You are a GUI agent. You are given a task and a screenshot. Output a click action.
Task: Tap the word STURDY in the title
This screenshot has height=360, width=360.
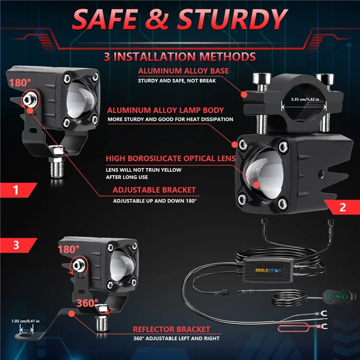click(232, 19)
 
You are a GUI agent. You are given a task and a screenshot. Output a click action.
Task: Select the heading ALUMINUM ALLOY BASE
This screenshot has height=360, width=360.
click(183, 71)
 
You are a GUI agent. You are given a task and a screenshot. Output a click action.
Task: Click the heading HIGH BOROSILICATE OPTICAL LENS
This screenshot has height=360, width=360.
click(171, 158)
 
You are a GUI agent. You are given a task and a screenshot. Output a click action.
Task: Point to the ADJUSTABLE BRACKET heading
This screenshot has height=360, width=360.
click(154, 190)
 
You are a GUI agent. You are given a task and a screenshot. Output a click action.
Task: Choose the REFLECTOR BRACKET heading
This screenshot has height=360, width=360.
click(171, 329)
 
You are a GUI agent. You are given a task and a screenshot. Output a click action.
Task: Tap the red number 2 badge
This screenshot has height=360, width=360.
click(342, 207)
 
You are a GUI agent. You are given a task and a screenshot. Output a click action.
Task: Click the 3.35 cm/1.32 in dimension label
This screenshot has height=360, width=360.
click(305, 99)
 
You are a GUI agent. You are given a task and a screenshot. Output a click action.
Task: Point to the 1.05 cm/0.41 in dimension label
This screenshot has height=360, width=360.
click(25, 321)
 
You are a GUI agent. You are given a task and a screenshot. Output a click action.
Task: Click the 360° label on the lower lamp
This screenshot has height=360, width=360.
click(87, 303)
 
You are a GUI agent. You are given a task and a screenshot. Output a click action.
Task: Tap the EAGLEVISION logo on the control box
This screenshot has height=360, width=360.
click(268, 270)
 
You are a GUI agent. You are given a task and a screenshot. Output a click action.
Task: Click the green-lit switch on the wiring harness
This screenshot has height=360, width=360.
click(336, 296)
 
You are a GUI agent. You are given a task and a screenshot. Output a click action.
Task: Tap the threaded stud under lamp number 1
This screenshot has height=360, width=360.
click(57, 168)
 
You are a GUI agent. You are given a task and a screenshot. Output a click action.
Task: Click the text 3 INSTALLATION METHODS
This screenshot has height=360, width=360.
click(180, 57)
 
